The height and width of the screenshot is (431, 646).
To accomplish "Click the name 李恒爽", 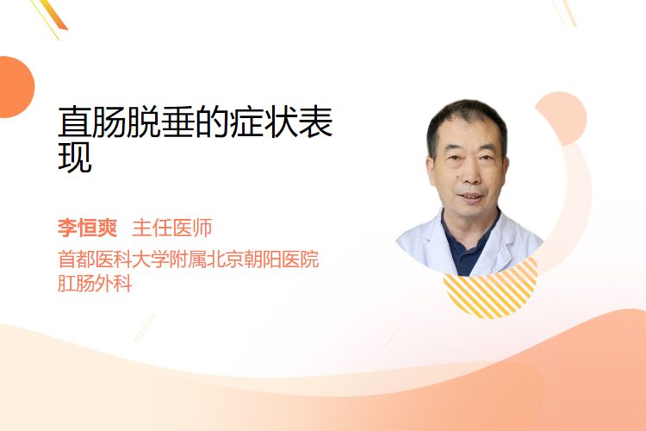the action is tap(87, 228).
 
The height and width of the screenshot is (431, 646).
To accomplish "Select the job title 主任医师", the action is tap(172, 228).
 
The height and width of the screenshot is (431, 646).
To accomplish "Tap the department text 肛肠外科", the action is tap(95, 284).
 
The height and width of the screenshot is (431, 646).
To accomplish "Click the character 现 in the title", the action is tap(75, 157).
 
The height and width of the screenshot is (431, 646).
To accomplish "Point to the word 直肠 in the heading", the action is tap(92, 122).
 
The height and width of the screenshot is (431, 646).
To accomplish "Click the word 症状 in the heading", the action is tap(264, 122).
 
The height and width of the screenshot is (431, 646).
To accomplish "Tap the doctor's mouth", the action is tap(470, 197).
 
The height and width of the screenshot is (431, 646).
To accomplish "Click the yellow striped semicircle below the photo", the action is tap(490, 290).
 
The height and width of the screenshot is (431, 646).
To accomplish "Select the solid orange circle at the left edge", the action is tap(15, 87).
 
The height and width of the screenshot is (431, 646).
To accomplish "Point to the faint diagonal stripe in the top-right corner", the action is tap(567, 11).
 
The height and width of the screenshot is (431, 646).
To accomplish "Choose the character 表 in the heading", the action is tap(315, 122).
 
